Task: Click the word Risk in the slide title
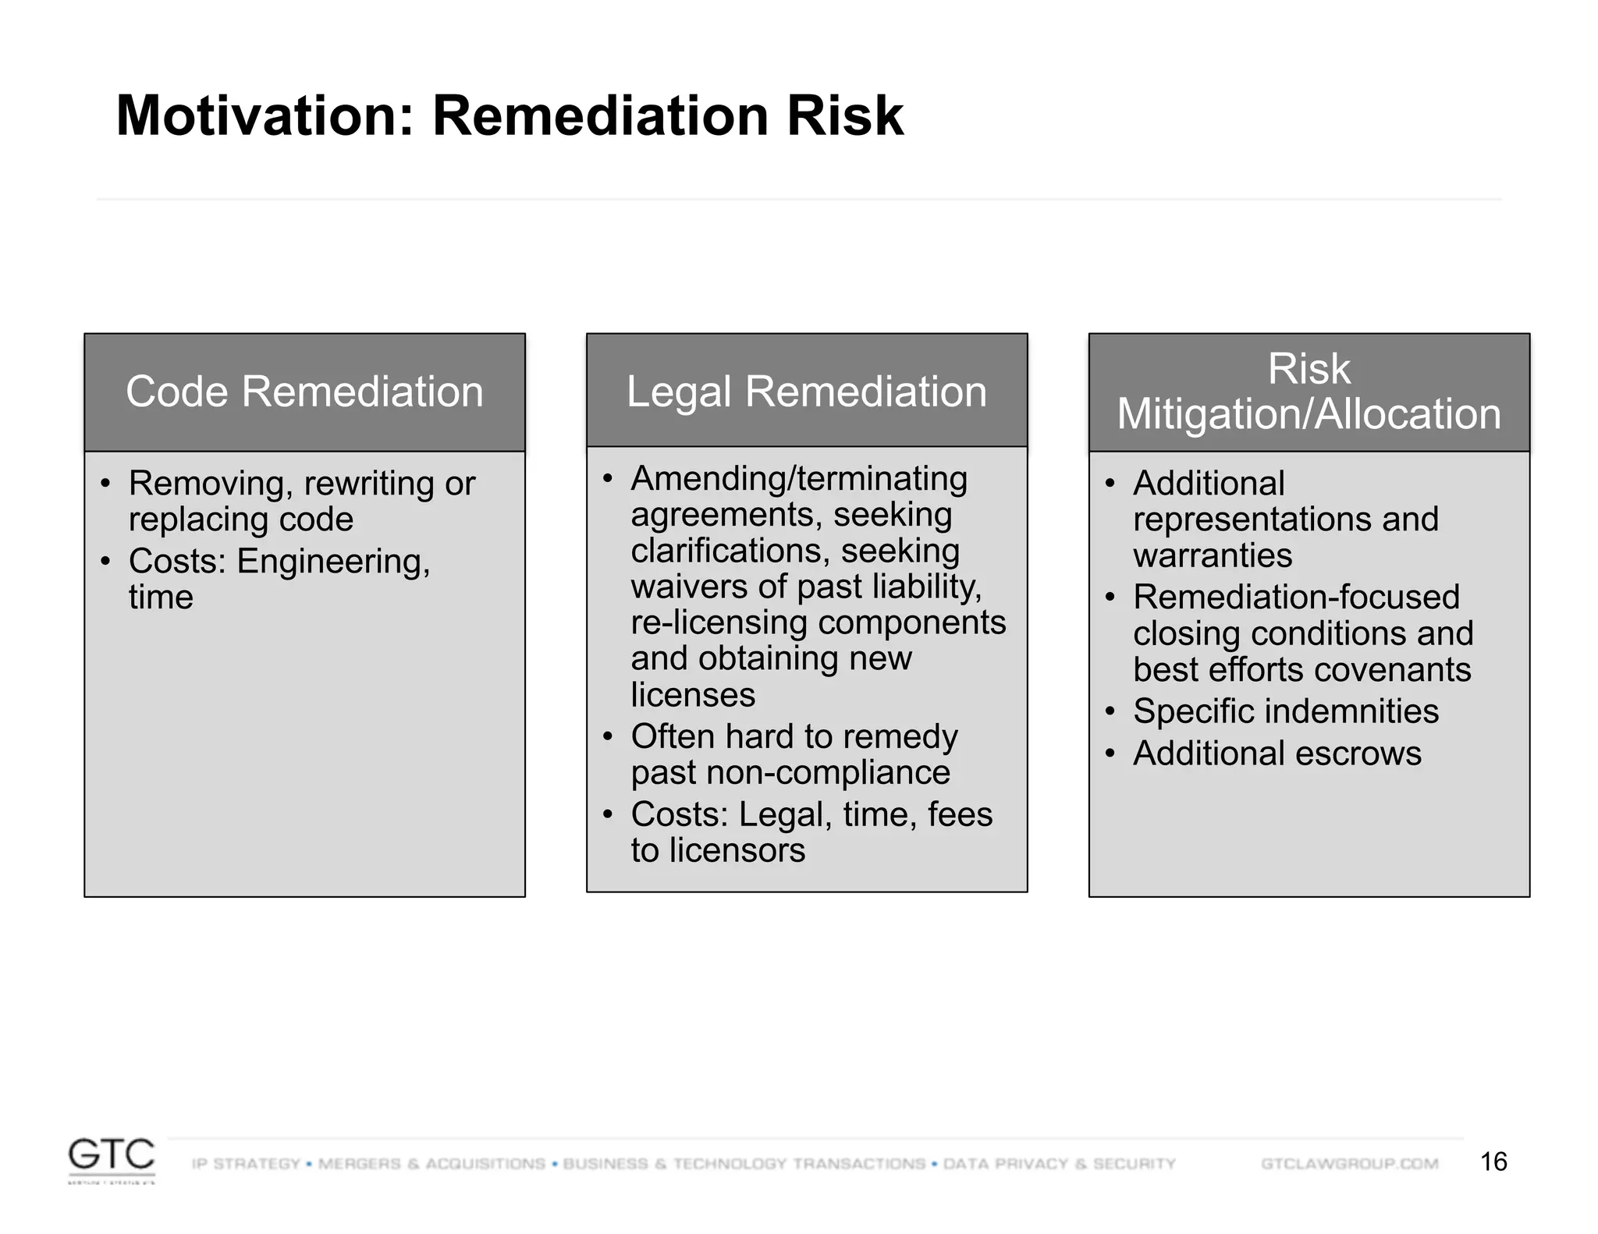click(844, 115)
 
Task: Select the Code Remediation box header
click(304, 392)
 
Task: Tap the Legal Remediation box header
click(806, 392)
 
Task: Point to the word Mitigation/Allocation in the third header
click(1309, 414)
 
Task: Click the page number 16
click(1493, 1161)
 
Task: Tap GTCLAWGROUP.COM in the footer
click(1349, 1164)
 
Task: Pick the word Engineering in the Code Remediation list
click(333, 562)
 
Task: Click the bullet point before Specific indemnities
click(1110, 711)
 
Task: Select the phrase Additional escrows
click(1277, 754)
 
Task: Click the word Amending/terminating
click(798, 479)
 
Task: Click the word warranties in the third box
click(1212, 556)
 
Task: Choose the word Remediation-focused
click(1295, 597)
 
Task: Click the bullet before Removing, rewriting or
click(105, 484)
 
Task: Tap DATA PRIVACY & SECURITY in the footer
click(1059, 1164)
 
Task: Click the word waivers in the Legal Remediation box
click(680, 587)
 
